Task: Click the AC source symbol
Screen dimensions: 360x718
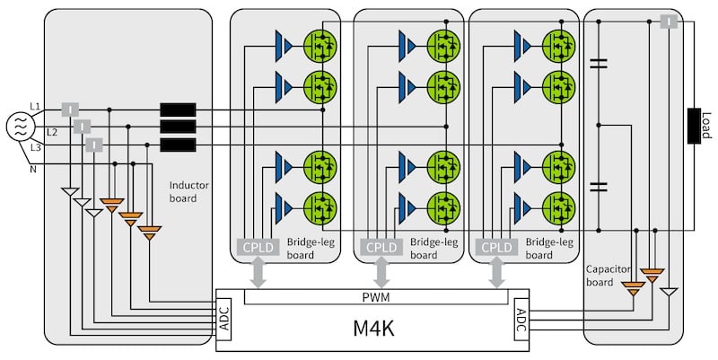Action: (19, 127)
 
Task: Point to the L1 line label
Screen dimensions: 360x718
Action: (35, 107)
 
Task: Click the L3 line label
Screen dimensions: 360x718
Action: (35, 147)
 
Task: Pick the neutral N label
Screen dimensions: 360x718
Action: (34, 168)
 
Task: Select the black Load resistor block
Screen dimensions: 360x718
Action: (695, 126)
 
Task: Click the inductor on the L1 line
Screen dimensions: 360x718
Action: (178, 110)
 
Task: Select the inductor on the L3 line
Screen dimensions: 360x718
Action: (178, 145)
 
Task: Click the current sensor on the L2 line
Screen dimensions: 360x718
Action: (82, 127)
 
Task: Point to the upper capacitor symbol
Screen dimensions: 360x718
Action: (598, 64)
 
